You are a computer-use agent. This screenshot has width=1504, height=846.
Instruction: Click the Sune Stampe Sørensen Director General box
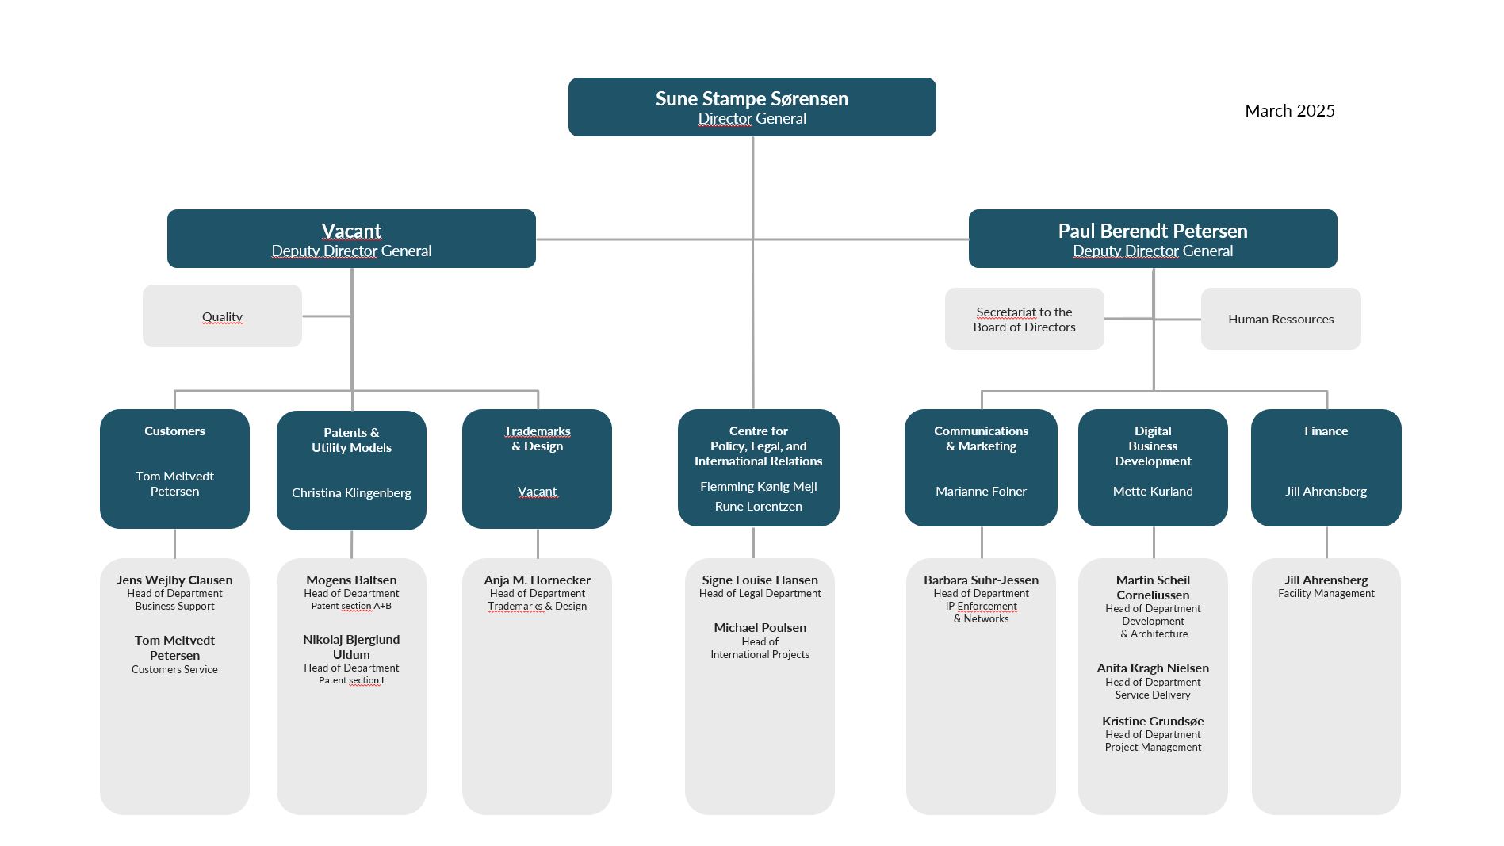point(752,107)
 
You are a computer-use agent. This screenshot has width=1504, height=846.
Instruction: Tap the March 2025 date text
point(1290,111)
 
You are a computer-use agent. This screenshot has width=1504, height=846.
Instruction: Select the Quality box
point(222,316)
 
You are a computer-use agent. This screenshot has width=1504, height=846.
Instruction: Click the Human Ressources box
point(1280,319)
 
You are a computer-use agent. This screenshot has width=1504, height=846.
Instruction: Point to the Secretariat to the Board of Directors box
point(1024,319)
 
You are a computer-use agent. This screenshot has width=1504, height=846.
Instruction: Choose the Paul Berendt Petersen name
point(1153,231)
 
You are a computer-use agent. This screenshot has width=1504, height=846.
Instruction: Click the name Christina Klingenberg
point(351,493)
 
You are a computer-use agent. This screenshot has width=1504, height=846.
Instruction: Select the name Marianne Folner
point(981,492)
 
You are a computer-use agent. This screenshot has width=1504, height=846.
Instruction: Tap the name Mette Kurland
point(1153,492)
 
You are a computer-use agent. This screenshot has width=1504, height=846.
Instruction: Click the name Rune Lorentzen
point(759,507)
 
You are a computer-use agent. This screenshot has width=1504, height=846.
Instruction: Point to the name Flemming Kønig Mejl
point(759,487)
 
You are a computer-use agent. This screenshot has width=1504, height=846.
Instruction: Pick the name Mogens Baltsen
point(351,580)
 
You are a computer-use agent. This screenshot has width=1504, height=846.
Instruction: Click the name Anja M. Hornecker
point(538,580)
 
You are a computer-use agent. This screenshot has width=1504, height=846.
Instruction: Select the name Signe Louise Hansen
point(760,580)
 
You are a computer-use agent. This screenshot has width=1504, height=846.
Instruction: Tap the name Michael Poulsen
point(760,628)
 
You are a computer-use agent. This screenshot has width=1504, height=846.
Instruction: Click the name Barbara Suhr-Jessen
point(981,580)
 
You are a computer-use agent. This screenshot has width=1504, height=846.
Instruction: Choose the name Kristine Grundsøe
point(1153,722)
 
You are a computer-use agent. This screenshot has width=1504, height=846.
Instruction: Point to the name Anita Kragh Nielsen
point(1153,668)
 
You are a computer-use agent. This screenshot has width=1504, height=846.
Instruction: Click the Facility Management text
point(1326,594)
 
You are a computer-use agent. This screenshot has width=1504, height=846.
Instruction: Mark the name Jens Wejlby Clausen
point(174,580)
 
